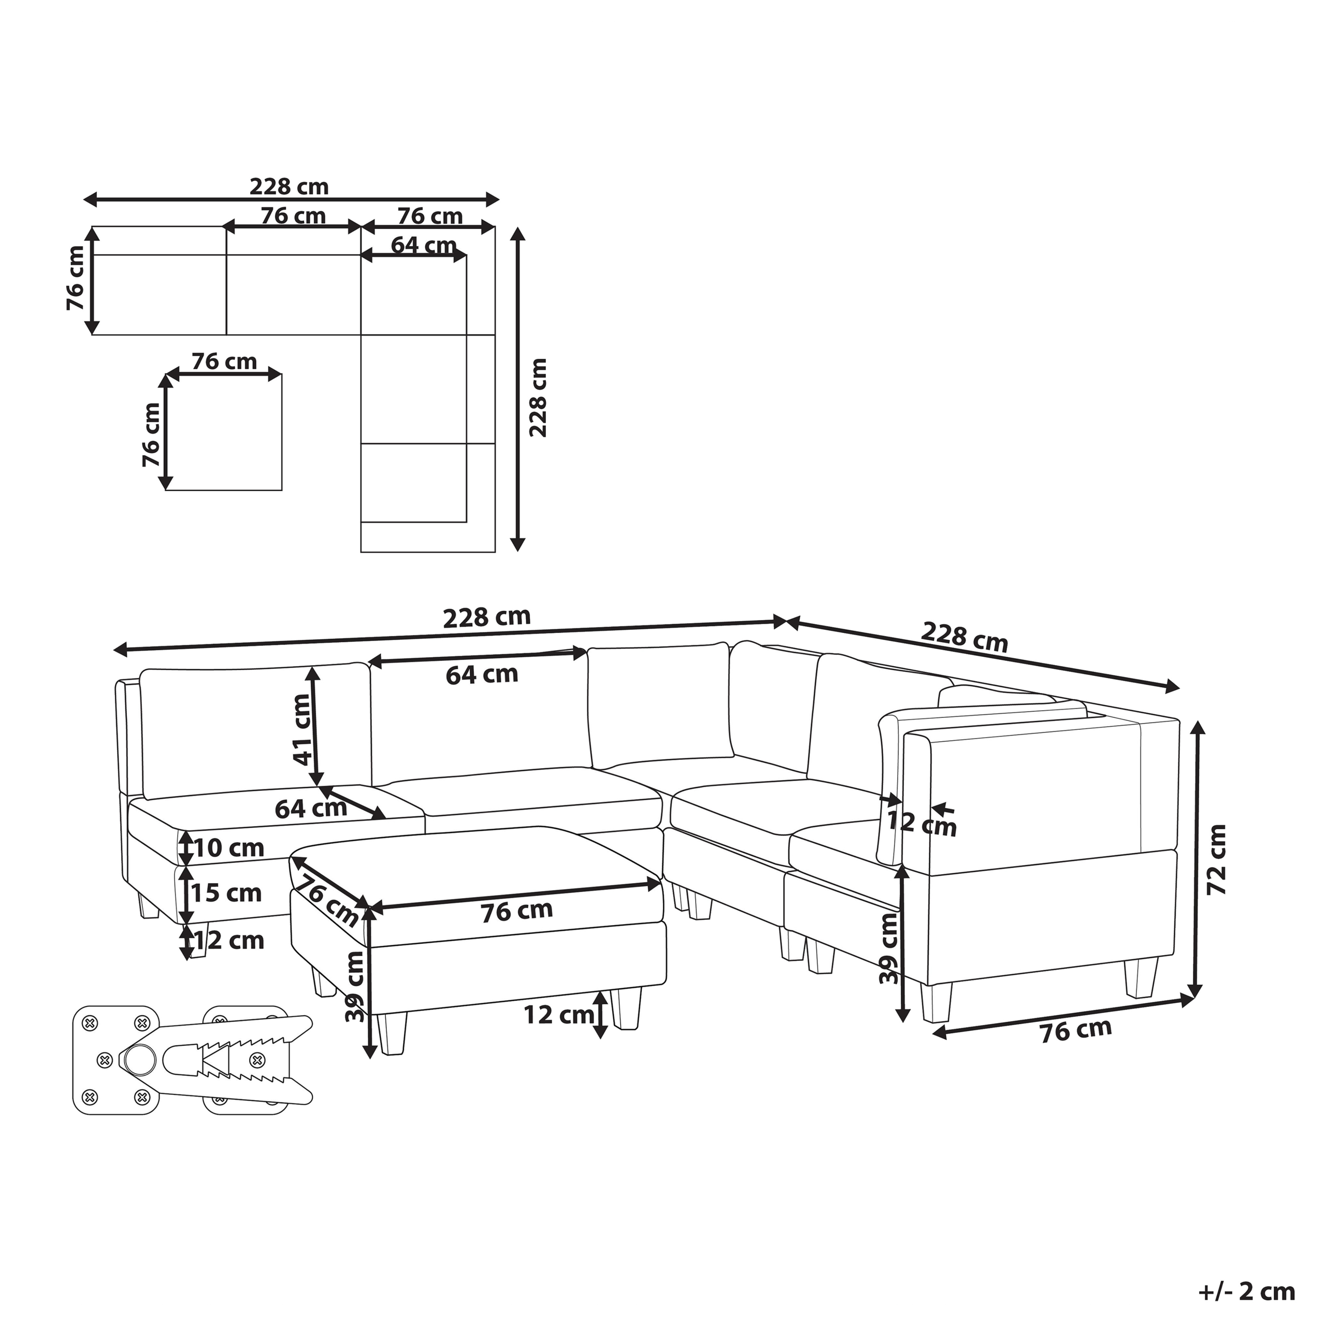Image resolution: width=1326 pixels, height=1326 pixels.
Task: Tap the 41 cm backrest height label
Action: pos(301,730)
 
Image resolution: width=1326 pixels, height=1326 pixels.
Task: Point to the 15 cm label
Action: pos(226,893)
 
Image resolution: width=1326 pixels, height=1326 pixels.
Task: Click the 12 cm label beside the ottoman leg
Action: pos(559,1014)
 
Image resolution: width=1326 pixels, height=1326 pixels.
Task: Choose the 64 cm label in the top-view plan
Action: pos(424,245)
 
